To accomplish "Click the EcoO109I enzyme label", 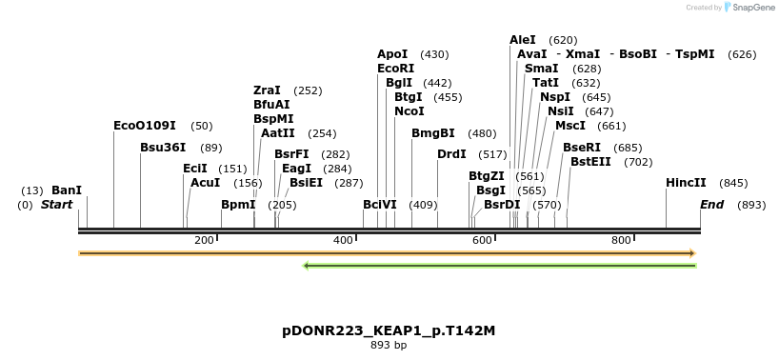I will point(145,126).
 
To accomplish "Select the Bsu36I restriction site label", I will point(163,148).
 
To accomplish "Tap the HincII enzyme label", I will point(686,183).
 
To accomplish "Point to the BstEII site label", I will point(590,162).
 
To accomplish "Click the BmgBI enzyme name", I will point(433,133).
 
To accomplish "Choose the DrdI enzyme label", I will point(451,154).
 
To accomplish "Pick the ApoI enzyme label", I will point(392,54).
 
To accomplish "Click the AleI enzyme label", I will point(523,40).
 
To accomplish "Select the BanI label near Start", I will point(67,190).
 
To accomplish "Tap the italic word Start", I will point(57,205).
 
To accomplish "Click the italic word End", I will point(711,205).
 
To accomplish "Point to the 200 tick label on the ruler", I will point(204,240).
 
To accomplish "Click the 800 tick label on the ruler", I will point(621,240).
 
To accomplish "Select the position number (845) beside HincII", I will point(733,183).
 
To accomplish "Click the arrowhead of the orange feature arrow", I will point(692,253).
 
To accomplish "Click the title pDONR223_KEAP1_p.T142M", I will point(389,330).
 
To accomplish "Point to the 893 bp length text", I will point(389,345).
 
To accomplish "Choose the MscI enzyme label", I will point(570,126).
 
